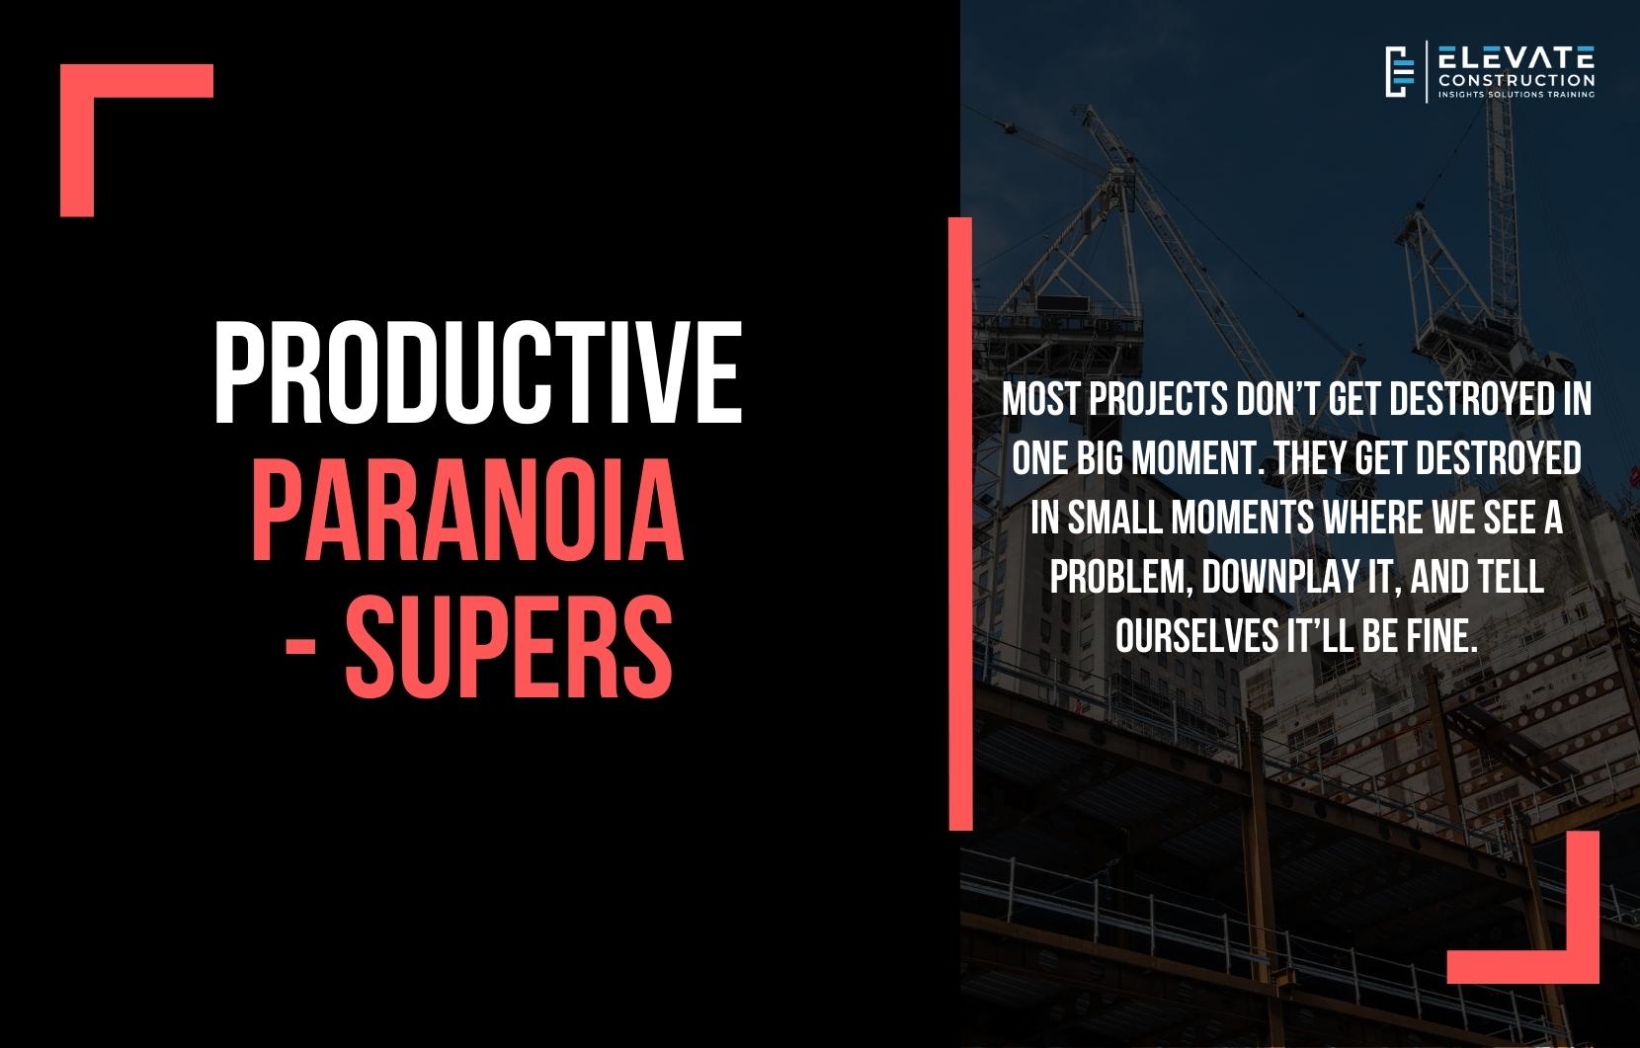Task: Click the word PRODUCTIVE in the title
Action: point(477,372)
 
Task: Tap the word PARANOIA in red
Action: point(467,510)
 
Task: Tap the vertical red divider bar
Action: point(960,524)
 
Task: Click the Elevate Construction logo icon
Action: point(1399,72)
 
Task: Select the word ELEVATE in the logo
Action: point(1517,57)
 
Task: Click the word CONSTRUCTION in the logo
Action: point(1517,80)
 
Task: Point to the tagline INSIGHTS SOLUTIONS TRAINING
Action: point(1517,95)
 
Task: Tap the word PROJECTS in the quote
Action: point(1158,400)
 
